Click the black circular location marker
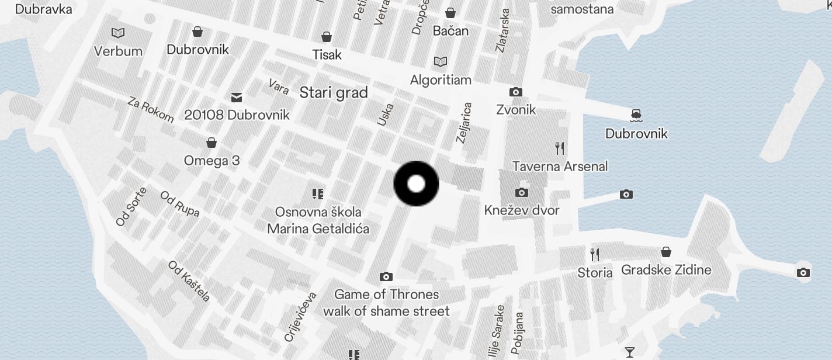pyautogui.click(x=416, y=184)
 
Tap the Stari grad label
pyautogui.click(x=334, y=92)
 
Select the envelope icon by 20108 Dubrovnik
pyautogui.click(x=237, y=97)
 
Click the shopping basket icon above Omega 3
pyautogui.click(x=212, y=143)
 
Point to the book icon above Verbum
pyautogui.click(x=118, y=33)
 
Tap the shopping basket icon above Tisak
pyautogui.click(x=327, y=37)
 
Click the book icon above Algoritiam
pyautogui.click(x=440, y=61)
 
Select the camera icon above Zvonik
pyautogui.click(x=515, y=92)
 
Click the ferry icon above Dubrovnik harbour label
pyautogui.click(x=636, y=116)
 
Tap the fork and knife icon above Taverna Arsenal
pyautogui.click(x=560, y=148)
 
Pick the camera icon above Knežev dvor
pyautogui.click(x=521, y=192)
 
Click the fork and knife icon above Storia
pyautogui.click(x=595, y=254)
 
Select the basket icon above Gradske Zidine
pyautogui.click(x=665, y=252)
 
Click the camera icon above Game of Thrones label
pyautogui.click(x=386, y=276)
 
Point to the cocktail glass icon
pyautogui.click(x=629, y=352)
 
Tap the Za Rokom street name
pyautogui.click(x=151, y=110)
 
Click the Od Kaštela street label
pyautogui.click(x=189, y=281)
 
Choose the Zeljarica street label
pyautogui.click(x=464, y=123)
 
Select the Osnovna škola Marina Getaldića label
pyautogui.click(x=318, y=220)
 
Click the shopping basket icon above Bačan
pyautogui.click(x=450, y=13)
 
